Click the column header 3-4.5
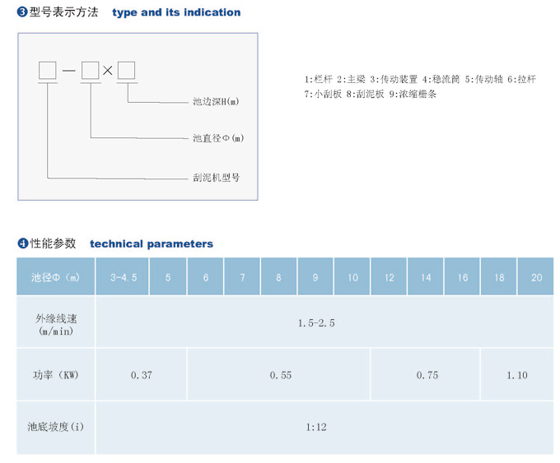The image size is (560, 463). [x=124, y=277]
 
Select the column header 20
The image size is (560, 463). [x=536, y=277]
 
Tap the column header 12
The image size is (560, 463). [x=389, y=277]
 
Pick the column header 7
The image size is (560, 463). [x=242, y=277]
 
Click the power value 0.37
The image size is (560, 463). [x=142, y=375]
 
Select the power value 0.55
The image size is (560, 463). [x=281, y=375]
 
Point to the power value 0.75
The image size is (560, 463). [x=427, y=375]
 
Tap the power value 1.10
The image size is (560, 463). [x=517, y=375]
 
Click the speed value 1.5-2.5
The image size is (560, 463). [x=316, y=323]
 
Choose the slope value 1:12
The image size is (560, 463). [x=316, y=427]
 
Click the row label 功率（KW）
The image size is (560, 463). [x=56, y=375]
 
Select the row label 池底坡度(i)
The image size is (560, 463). [x=56, y=427]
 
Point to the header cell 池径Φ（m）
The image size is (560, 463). [x=55, y=277]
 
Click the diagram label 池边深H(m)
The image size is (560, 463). [x=216, y=102]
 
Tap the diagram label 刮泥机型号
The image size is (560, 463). [x=216, y=178]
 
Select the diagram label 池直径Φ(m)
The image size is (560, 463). [x=218, y=138]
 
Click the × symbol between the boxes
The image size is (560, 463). [x=108, y=70]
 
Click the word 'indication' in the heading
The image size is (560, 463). [x=212, y=12]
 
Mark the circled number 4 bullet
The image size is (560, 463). [x=23, y=243]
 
